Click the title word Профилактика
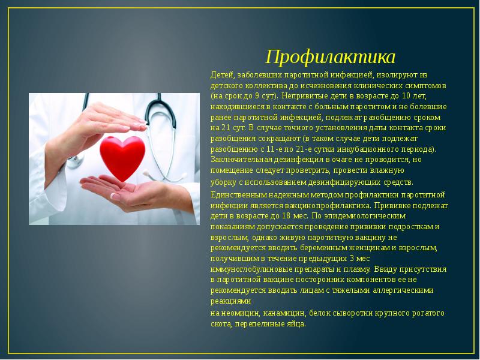coord(331,58)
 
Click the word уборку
coord(224,182)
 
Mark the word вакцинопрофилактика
coord(320,205)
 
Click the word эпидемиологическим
coord(337,216)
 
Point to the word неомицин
coord(241,313)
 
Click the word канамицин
coord(284,313)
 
